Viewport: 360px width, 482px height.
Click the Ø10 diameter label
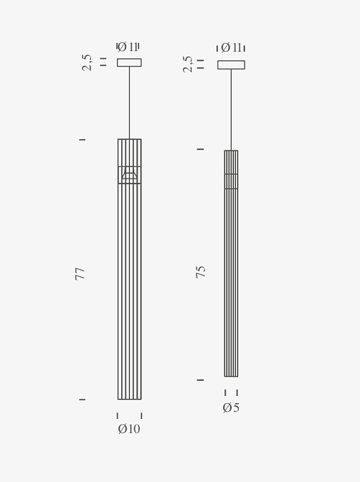[x=129, y=429]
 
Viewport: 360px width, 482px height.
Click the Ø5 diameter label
[x=231, y=407]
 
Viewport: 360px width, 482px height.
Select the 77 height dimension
[x=80, y=273]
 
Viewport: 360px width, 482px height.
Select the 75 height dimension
[x=201, y=272]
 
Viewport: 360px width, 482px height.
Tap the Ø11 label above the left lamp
[x=128, y=47]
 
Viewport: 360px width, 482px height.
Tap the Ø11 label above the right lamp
[x=231, y=47]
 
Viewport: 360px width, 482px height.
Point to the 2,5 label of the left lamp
[x=87, y=62]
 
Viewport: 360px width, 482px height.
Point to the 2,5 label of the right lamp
[x=187, y=64]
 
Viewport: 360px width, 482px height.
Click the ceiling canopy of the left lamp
[x=129, y=62]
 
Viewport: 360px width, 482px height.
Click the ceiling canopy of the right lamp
[x=231, y=65]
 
